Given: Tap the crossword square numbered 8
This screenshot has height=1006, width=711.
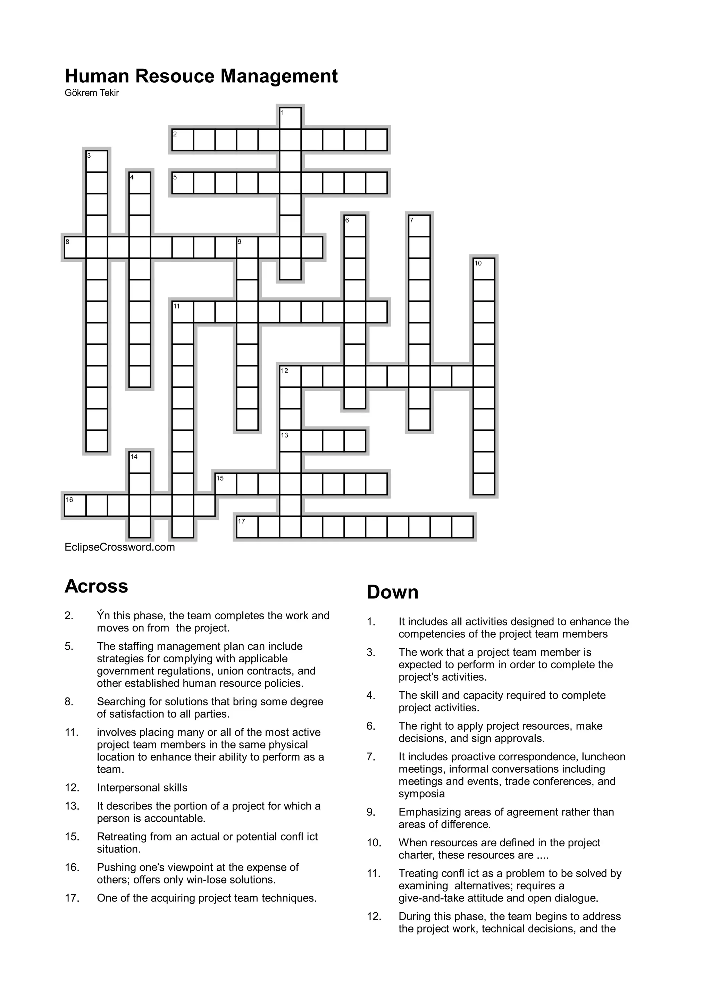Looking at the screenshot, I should (75, 247).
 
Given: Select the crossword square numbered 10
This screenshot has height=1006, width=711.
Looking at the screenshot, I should (484, 269).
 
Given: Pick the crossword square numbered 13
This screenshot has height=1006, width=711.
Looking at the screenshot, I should (291, 441).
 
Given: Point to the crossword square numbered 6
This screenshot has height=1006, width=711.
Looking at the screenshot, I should (355, 226).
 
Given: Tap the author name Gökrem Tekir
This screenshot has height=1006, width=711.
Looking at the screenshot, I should (92, 93).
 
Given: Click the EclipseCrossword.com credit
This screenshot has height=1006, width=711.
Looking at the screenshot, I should (119, 547).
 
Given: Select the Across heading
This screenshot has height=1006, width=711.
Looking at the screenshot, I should (97, 586).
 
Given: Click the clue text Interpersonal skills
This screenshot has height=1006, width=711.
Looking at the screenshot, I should (142, 787).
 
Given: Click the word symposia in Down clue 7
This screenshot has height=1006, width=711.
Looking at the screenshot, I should (421, 794).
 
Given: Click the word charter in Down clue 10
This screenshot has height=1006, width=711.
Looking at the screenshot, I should (416, 855).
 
